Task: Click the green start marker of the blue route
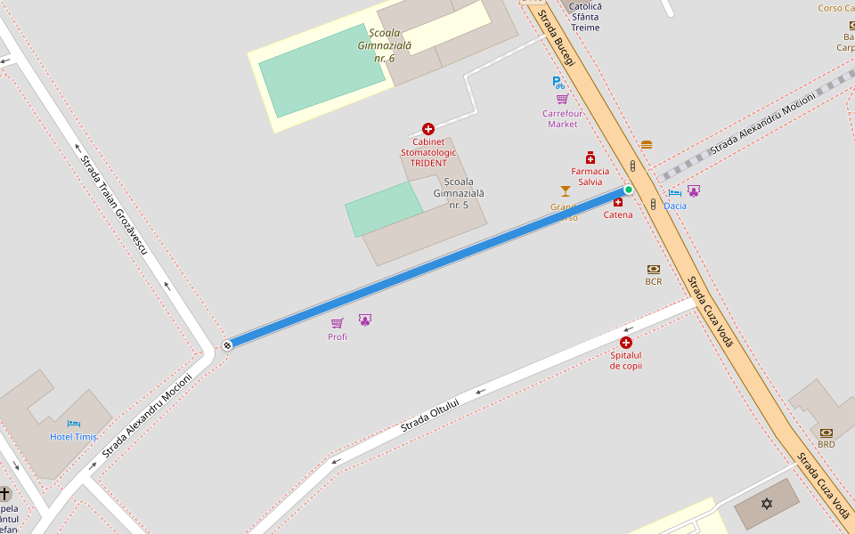629,189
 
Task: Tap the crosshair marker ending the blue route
227,344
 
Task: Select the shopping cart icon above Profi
337,323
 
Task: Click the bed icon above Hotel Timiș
74,424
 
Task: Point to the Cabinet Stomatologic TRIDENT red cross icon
428,129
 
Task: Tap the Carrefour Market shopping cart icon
562,99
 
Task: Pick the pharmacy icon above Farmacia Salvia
590,158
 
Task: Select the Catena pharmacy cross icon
618,202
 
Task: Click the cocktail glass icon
564,190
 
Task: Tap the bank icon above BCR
654,269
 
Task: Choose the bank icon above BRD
826,432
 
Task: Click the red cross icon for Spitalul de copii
626,343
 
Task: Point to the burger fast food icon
646,144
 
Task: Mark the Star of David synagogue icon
767,504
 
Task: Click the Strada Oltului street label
429,416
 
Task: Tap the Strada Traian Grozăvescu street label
113,204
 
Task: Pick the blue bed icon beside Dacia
675,192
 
